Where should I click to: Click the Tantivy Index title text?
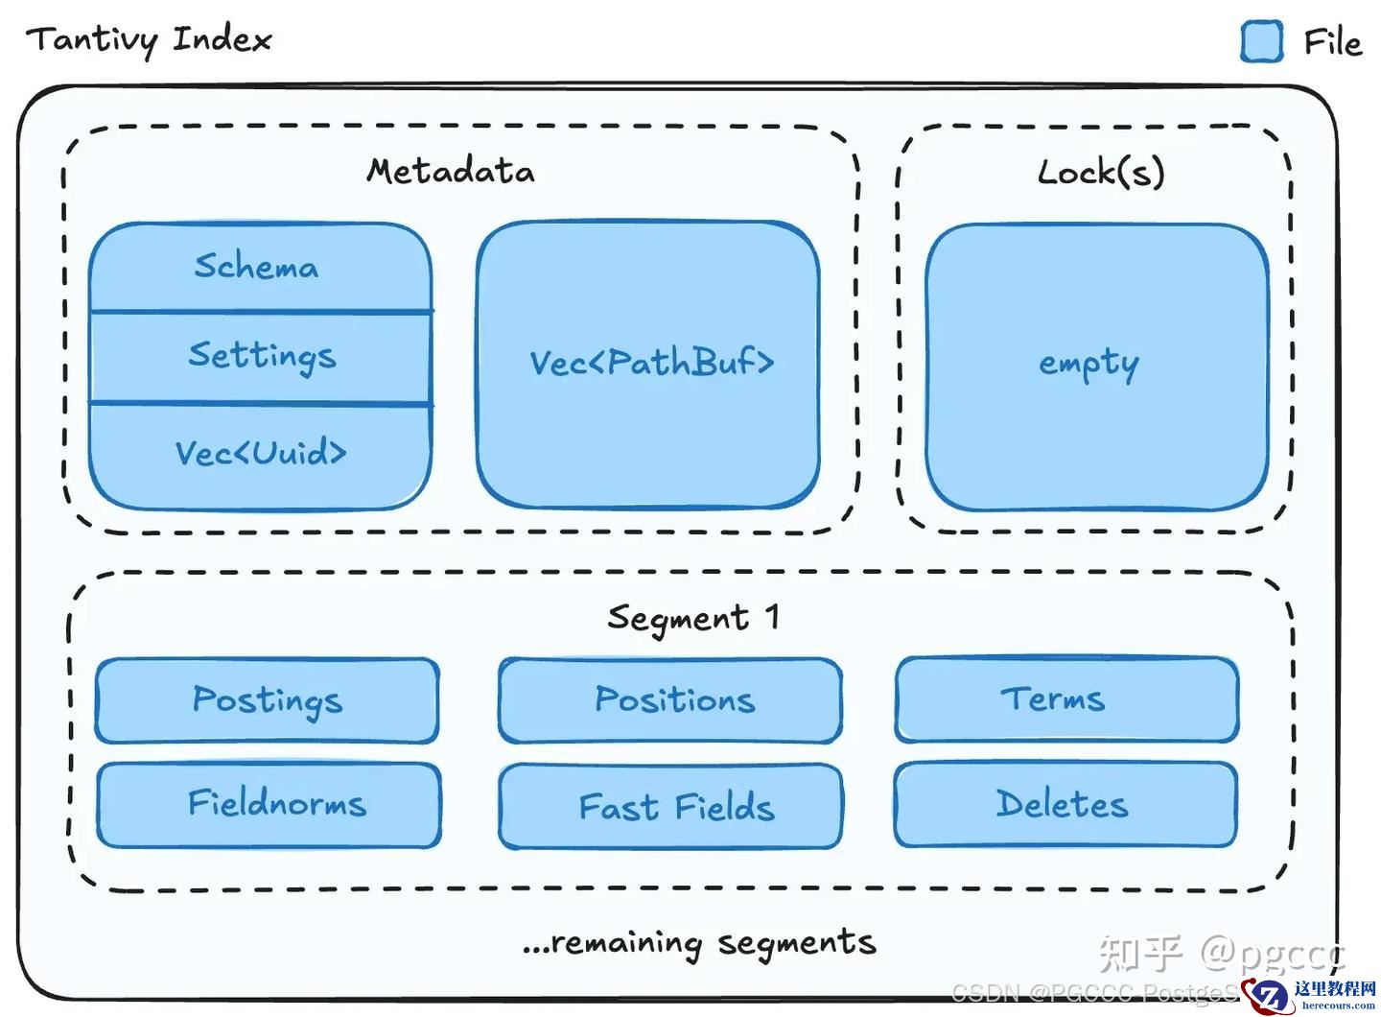click(x=149, y=40)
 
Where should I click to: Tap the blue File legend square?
click(x=1261, y=42)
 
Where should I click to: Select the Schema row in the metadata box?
click(x=258, y=267)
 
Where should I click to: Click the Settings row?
click(x=261, y=357)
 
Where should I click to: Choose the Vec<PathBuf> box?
click(x=649, y=364)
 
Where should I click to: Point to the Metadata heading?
click(x=451, y=172)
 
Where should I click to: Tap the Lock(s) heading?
click(x=1101, y=173)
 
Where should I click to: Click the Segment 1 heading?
click(x=692, y=618)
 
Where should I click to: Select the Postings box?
click(x=268, y=700)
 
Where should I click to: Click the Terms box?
click(x=1065, y=699)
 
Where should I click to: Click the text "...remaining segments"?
click(x=699, y=943)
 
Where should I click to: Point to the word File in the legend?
click(x=1332, y=43)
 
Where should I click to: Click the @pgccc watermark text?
click(x=1272, y=954)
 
